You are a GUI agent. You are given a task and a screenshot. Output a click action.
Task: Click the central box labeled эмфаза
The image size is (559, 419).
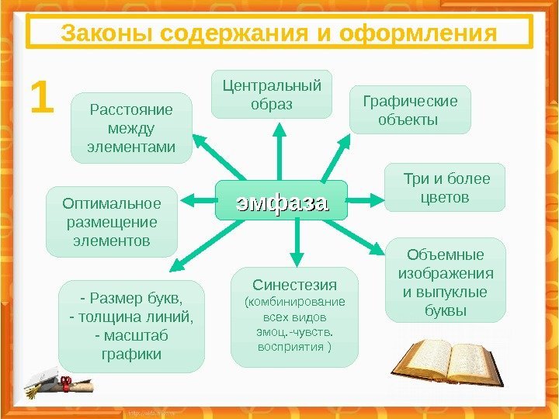tap(282, 203)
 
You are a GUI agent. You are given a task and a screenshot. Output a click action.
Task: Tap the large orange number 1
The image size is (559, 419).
tap(43, 99)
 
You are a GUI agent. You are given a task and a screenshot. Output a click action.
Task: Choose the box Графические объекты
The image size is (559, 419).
tap(410, 110)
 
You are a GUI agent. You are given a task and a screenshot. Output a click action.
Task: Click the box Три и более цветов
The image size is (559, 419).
tap(444, 188)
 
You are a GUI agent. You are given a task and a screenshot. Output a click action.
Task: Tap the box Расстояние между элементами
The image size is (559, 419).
tap(131, 128)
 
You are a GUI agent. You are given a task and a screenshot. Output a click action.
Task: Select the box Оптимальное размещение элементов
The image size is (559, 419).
tap(111, 222)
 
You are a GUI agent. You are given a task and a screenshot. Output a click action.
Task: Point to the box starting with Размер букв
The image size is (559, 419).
tap(131, 327)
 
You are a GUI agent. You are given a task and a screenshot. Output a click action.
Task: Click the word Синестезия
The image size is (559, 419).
tap(295, 282)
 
